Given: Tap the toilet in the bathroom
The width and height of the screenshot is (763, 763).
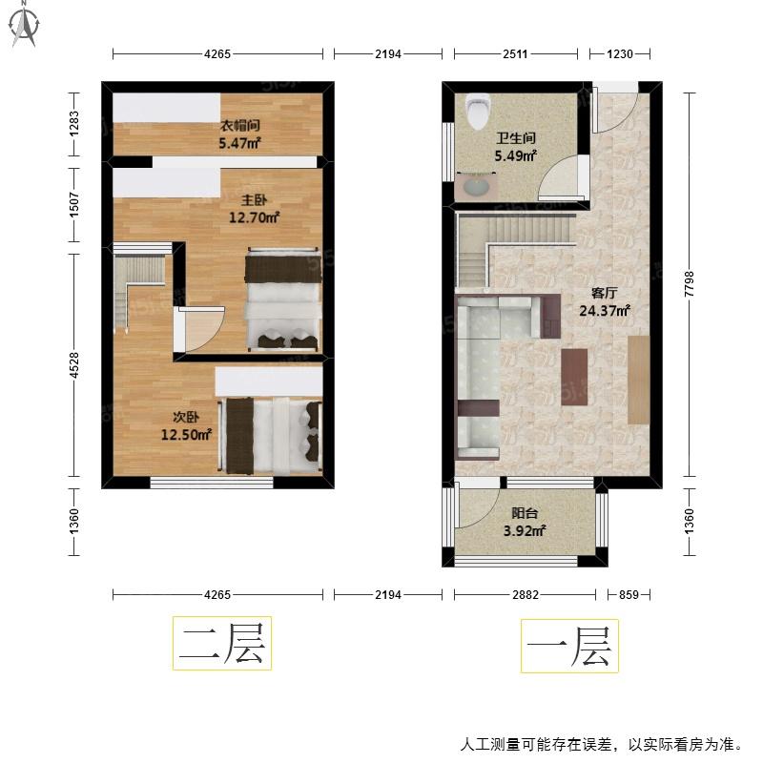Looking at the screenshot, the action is pos(478,112).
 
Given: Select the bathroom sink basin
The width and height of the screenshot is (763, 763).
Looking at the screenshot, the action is pos(476,187).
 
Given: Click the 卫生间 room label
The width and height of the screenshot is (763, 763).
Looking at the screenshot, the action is pos(516,138).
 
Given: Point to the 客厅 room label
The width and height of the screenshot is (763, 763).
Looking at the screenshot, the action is pos(605,293).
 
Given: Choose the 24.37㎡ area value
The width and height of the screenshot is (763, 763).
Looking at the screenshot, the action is pos(605,310).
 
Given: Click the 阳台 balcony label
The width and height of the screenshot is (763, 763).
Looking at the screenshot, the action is pos(525,513).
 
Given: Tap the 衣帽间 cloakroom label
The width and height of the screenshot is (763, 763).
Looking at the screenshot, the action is pos(240,126).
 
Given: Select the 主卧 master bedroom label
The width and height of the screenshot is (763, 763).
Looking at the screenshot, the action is pos(254,200).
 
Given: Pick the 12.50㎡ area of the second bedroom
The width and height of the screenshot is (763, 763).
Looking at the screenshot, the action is pos(186,434).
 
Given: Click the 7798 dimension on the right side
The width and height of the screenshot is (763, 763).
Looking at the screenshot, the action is pos(689,284).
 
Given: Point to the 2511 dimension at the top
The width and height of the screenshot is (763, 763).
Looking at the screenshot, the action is pos(515,54).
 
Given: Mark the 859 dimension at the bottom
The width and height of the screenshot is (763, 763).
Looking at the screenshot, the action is pos(629,594).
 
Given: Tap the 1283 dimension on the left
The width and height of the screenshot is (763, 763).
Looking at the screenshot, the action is pos(74,124).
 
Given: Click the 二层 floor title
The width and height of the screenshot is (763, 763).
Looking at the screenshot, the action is pos(222,643).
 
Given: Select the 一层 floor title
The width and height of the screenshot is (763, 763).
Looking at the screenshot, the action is pos(569,646).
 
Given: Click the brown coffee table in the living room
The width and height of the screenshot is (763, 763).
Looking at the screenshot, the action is pos(574,377).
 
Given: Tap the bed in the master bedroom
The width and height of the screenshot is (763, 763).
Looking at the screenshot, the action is pos(282,299).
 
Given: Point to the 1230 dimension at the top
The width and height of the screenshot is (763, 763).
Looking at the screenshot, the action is pos(619,54).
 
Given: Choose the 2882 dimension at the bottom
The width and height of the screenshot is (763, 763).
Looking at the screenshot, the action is pos(526,594).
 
